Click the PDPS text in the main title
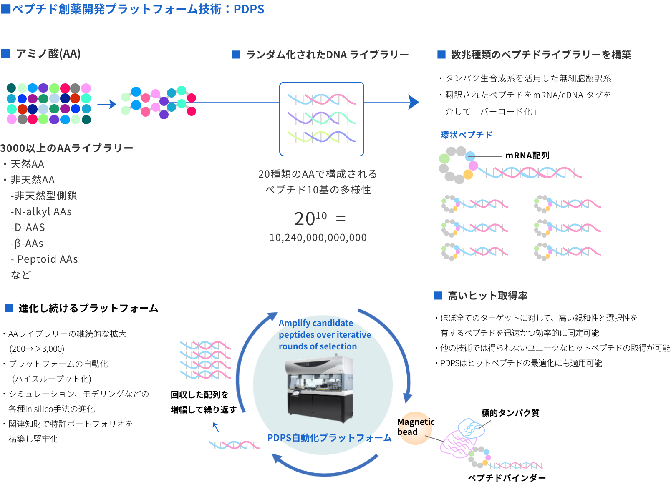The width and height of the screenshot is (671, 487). click(249, 9)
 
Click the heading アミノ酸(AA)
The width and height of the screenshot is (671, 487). click(48, 54)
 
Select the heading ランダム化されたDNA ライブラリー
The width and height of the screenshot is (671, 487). click(327, 55)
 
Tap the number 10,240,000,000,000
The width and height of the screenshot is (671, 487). click(318, 238)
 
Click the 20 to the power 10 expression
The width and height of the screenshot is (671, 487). click(310, 218)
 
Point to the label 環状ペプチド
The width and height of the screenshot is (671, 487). click(466, 135)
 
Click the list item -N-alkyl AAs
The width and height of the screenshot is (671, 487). click(41, 212)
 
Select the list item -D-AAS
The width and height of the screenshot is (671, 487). click(28, 228)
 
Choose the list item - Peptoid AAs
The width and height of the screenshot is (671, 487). click(45, 259)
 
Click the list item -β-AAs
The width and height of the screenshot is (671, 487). click(27, 243)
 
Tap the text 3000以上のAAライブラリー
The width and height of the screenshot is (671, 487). click(67, 148)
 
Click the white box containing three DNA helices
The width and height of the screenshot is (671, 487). click(321, 119)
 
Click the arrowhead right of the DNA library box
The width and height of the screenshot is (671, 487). click(413, 102)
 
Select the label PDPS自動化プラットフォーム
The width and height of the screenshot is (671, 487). click(329, 438)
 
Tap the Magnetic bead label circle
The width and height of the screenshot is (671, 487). click(414, 427)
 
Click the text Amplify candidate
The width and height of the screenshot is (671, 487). click(315, 323)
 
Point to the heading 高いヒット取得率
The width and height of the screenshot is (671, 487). click(487, 296)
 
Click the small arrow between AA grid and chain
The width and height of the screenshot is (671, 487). click(107, 104)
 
